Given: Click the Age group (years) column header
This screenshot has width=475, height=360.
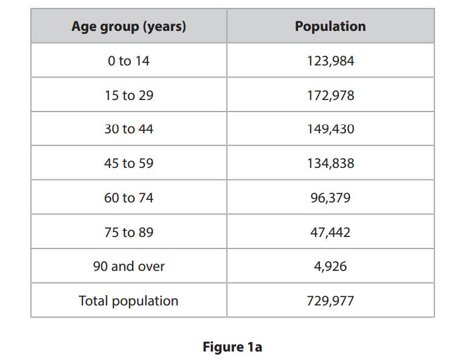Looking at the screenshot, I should tap(128, 27).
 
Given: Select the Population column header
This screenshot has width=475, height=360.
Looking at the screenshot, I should tap(330, 27).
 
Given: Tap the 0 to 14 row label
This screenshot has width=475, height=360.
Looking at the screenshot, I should tap(128, 61).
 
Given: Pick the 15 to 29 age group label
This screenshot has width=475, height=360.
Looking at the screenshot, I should tap(128, 96).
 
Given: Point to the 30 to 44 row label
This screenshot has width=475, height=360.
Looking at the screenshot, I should tap(128, 130).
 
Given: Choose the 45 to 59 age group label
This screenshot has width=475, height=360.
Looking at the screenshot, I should tap(128, 164).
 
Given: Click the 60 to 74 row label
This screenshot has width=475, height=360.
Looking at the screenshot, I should tap(128, 198).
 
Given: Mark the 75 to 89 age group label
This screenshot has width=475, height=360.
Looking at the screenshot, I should tap(128, 233).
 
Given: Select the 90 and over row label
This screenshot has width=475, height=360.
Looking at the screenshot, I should tap(128, 267).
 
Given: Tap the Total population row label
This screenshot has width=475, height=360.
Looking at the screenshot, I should tap(128, 301).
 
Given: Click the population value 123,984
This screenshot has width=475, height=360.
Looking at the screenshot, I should tap(330, 61).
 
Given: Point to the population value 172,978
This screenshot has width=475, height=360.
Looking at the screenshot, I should tap(330, 96).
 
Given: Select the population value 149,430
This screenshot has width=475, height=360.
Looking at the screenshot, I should tap(330, 130).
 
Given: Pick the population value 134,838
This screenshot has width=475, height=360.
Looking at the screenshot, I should tap(330, 164).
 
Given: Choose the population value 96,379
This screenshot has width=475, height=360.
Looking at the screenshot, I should tap(330, 198).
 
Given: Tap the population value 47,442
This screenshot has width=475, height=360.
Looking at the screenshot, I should tap(330, 233).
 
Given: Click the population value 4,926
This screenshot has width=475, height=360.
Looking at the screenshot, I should tap(330, 267).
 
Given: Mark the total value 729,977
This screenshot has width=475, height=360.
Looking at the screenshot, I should tap(330, 301).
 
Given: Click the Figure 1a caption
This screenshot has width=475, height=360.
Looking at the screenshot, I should tap(232, 347).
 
